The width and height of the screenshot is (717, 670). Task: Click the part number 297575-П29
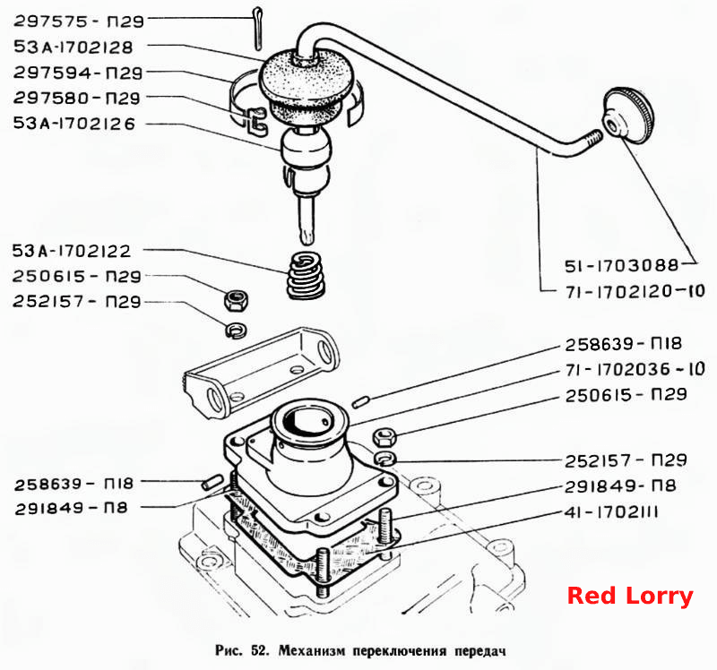point(79,21)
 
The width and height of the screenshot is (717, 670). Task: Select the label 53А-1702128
point(73,47)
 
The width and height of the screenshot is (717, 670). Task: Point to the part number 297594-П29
point(78,73)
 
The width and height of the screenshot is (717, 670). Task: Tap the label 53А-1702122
point(72,251)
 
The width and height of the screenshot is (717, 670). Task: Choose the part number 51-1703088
point(622,265)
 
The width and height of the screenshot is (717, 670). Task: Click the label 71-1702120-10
point(635,291)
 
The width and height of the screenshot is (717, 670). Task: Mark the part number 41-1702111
point(611,511)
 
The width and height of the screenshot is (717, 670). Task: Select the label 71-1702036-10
point(635,369)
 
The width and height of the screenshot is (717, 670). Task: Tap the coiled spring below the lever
point(306,276)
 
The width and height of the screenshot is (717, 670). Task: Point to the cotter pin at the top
point(257,28)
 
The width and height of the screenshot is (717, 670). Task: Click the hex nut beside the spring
point(236,300)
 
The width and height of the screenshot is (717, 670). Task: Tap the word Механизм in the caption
point(311,650)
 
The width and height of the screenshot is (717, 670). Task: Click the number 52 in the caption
point(258,650)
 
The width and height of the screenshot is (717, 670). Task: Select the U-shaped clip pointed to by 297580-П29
point(256,121)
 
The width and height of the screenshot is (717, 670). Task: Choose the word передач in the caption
point(479,651)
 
